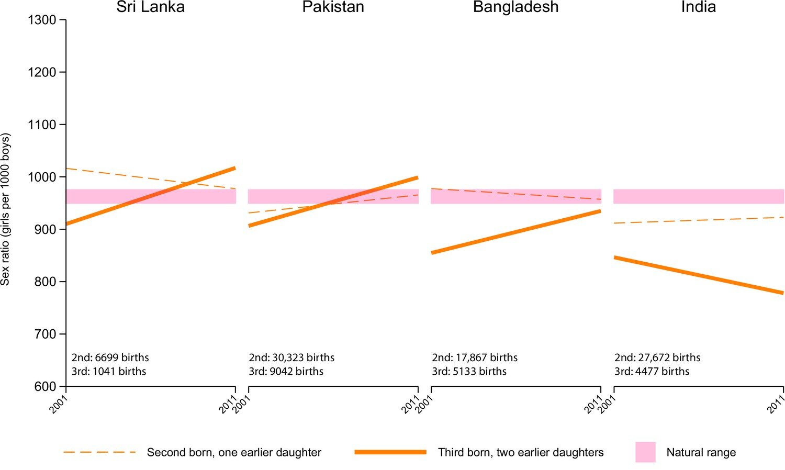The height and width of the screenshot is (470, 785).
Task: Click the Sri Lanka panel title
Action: point(150,7)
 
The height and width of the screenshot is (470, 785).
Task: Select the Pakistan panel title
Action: point(333,7)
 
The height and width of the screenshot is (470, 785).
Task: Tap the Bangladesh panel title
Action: point(515,7)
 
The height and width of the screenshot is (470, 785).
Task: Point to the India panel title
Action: point(698,7)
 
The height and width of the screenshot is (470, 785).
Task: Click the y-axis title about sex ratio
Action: point(6,209)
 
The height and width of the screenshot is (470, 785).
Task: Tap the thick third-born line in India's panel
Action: point(699,275)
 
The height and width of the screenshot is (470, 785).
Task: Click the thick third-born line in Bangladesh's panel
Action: point(515,232)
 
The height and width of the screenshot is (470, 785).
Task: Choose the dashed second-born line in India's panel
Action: point(699,220)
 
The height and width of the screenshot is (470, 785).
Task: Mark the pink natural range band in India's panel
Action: point(699,196)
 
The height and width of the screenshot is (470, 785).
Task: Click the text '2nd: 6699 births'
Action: point(110,357)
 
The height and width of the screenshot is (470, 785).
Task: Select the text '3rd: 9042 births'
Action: point(286,372)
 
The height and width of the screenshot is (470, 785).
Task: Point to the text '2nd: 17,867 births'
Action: point(475,357)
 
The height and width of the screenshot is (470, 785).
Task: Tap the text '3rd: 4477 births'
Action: point(652,372)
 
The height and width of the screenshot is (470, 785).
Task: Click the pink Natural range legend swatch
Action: point(645,452)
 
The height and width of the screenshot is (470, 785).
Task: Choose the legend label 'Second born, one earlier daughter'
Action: point(234,453)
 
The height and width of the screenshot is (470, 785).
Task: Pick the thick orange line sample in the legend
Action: point(390,452)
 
